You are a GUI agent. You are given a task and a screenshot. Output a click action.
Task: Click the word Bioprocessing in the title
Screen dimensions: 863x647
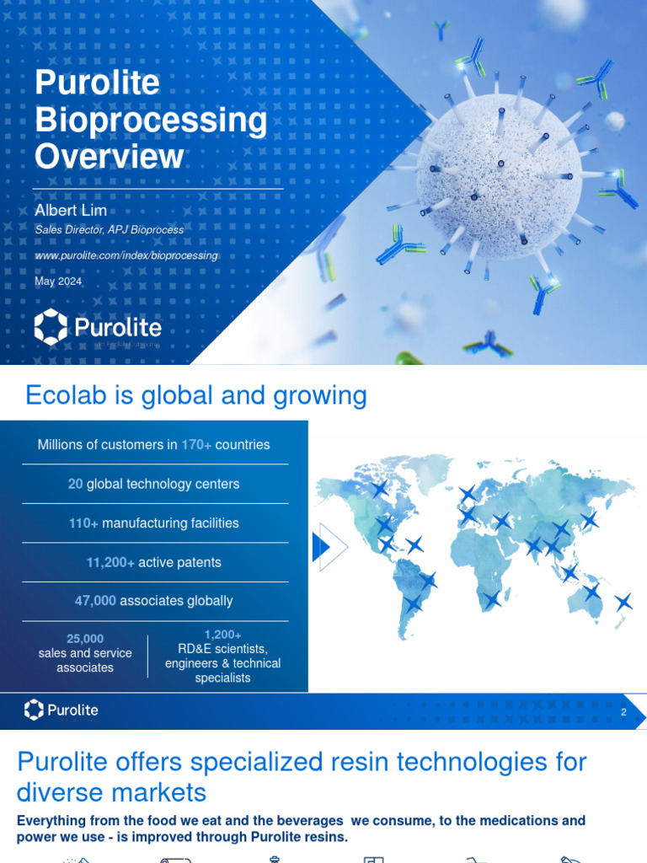[x=151, y=121]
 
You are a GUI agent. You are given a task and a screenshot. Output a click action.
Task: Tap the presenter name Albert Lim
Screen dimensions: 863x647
[x=71, y=210]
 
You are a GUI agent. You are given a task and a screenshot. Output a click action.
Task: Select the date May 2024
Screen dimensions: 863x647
[x=58, y=281]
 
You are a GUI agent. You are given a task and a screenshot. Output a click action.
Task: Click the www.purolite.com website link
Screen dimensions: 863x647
[x=126, y=255]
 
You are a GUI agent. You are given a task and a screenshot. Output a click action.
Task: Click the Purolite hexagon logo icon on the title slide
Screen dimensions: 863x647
[x=51, y=326]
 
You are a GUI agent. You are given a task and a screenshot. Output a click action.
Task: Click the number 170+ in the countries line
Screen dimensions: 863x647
[x=196, y=444]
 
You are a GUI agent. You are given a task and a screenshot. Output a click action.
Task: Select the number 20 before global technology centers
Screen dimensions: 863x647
[x=75, y=484]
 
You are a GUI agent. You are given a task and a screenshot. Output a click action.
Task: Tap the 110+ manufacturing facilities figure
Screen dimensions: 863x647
[x=83, y=523]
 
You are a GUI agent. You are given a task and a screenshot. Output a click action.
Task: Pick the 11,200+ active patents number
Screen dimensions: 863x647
[x=110, y=562]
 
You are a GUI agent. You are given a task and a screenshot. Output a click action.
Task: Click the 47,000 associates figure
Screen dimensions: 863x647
[x=95, y=601]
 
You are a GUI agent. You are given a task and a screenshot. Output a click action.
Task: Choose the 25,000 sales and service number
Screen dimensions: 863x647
[x=85, y=639]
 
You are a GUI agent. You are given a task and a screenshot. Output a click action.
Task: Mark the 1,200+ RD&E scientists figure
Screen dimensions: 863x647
[x=222, y=635]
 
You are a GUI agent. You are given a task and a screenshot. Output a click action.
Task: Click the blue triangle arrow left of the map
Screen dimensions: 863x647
[x=321, y=547]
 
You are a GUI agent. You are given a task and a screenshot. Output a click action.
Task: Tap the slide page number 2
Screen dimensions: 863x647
[x=623, y=713]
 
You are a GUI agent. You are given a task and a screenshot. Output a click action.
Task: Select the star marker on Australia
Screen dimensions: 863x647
[x=592, y=592]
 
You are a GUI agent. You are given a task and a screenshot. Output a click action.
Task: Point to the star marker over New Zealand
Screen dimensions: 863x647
[x=623, y=602]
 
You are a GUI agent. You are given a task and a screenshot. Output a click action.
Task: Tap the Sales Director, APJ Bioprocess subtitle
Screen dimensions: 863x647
[x=109, y=230]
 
